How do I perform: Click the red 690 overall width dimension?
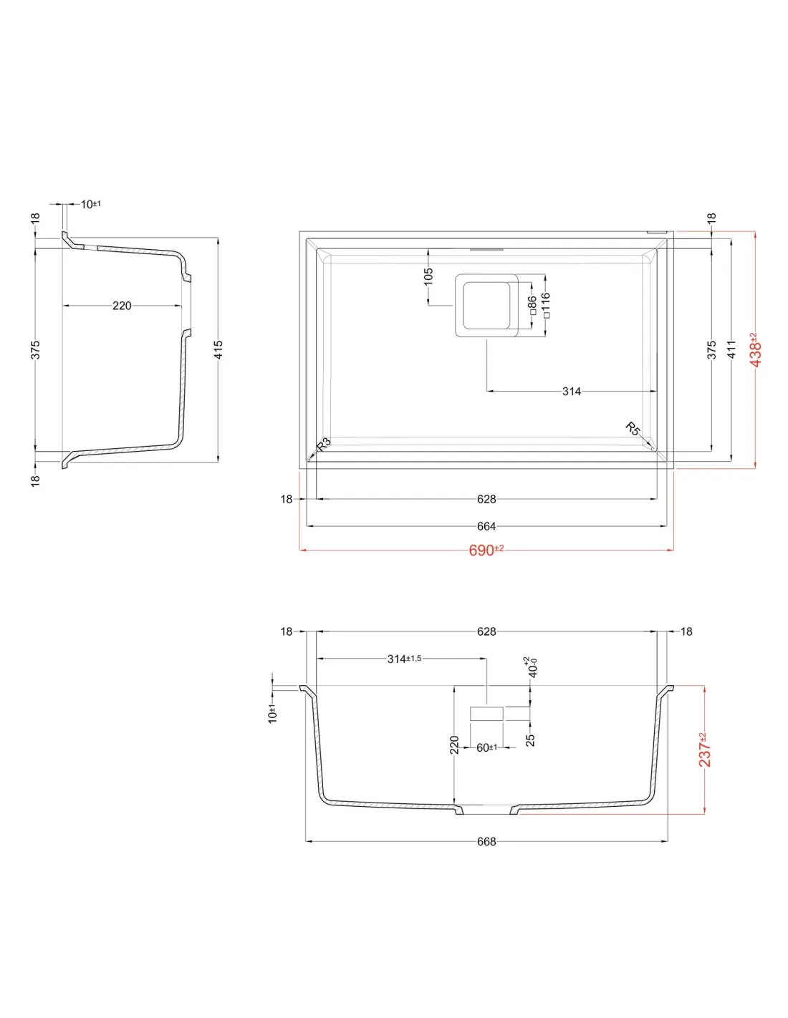[x=486, y=550]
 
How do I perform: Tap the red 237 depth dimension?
[x=704, y=750]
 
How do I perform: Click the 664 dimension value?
[x=486, y=526]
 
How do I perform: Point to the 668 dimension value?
[x=486, y=842]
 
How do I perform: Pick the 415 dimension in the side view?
[x=218, y=350]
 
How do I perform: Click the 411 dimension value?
[x=731, y=349]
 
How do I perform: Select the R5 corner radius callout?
[x=633, y=428]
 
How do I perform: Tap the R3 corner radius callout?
[x=324, y=444]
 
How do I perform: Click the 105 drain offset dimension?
[x=428, y=276]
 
